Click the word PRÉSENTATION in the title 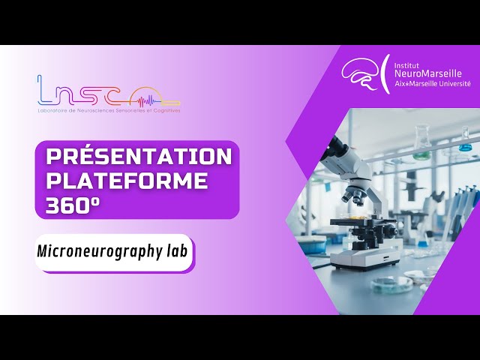click(x=139, y=157)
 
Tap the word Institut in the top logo click(x=409, y=63)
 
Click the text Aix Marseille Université click(x=433, y=84)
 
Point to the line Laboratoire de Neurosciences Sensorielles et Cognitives click(x=109, y=111)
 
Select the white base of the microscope click(x=367, y=259)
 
